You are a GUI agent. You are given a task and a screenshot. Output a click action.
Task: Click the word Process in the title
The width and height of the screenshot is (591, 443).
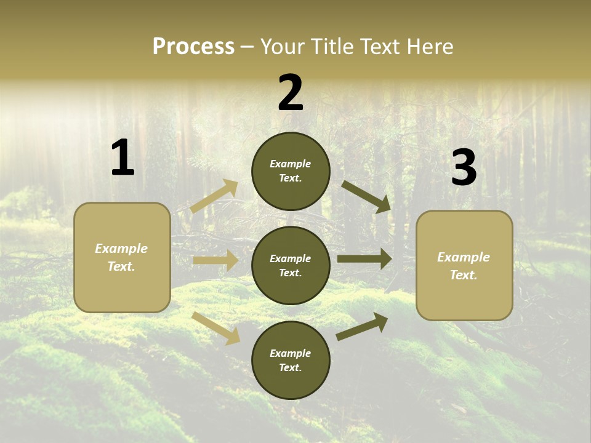pyautogui.click(x=193, y=47)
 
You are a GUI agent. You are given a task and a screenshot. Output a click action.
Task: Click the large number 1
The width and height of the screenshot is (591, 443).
pyautogui.click(x=123, y=158)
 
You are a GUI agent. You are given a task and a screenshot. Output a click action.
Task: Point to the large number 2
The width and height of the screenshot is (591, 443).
pyautogui.click(x=291, y=93)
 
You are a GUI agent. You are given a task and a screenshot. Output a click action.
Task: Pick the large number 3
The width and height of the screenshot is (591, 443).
pyautogui.click(x=464, y=167)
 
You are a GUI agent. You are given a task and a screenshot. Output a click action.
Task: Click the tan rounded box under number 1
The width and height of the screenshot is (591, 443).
pyautogui.click(x=122, y=257)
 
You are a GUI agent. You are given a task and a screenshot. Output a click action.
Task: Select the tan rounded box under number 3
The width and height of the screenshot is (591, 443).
pyautogui.click(x=464, y=265)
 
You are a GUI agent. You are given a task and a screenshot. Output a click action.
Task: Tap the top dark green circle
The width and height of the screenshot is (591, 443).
pyautogui.click(x=291, y=171)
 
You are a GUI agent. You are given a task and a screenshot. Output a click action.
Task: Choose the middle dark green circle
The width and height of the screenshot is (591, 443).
pyautogui.click(x=291, y=265)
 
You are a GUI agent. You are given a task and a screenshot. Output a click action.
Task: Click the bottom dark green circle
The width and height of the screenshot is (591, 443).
pyautogui.click(x=291, y=360)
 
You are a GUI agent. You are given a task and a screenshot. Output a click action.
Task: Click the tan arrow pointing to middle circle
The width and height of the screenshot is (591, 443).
pyautogui.click(x=215, y=260)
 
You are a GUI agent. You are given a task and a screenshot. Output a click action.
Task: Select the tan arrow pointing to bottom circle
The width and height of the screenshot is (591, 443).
pyautogui.click(x=216, y=327)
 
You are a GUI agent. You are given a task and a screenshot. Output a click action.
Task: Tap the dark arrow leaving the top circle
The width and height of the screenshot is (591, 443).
pyautogui.click(x=366, y=196)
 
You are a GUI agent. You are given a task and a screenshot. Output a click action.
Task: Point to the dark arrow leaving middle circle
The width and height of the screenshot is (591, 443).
pyautogui.click(x=364, y=258)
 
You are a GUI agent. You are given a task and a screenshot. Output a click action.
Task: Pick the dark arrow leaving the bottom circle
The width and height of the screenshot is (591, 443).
pyautogui.click(x=363, y=326)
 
